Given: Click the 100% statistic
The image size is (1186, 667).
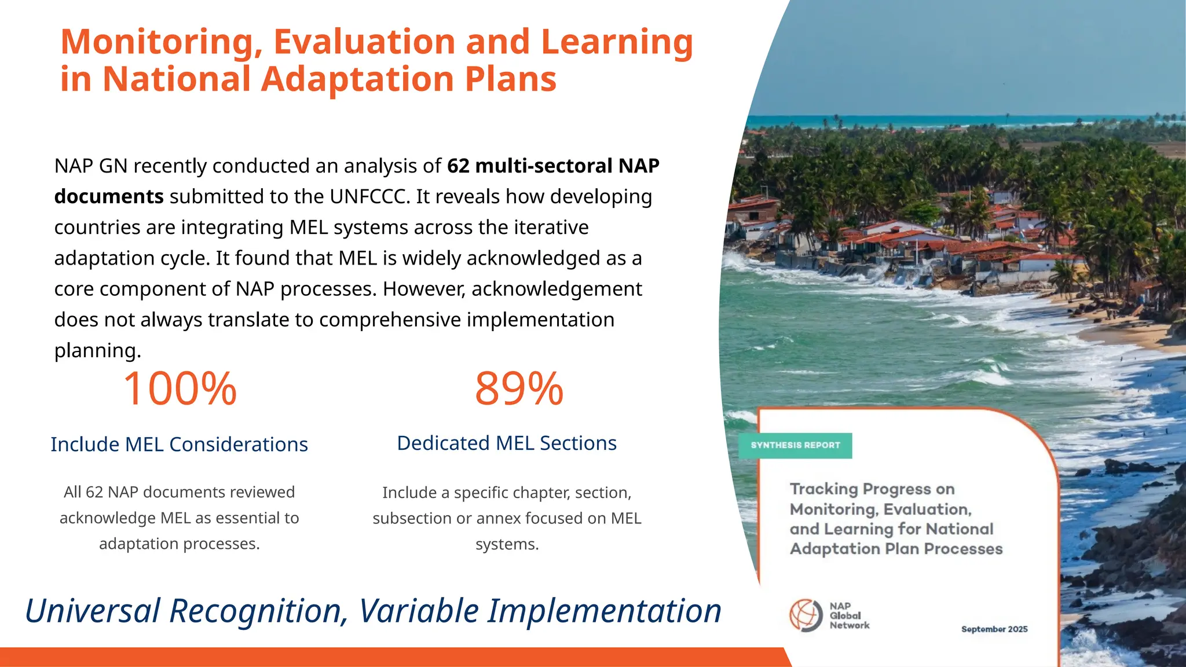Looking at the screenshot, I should pos(180,389).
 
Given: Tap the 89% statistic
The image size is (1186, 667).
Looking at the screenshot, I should pos(519,389).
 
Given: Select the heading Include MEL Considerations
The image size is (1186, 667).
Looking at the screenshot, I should pos(179,444).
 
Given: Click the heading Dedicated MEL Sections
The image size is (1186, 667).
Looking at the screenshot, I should pos(507,443).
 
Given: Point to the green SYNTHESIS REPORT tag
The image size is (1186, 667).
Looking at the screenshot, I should pos(795,445).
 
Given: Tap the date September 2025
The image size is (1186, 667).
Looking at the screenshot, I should pos(994,629).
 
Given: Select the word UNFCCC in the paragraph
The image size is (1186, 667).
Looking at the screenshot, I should pos(369,197).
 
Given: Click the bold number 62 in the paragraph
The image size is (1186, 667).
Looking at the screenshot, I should pos(458,166).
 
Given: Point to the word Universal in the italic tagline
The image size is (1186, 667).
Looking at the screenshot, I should pos(93,611).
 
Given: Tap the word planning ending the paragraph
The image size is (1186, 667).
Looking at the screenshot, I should pos(97,351).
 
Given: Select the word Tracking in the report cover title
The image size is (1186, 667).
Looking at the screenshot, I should pos(824,489).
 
